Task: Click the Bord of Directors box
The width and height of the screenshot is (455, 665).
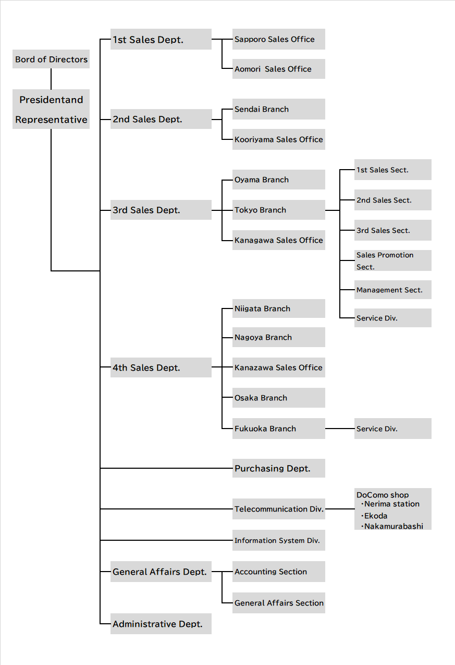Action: tap(51, 59)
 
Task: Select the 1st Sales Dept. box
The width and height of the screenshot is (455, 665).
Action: tap(161, 39)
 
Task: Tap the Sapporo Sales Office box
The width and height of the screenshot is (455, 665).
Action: tap(279, 39)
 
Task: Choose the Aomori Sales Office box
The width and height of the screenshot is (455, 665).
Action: tap(279, 69)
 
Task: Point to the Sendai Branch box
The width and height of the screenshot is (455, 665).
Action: tap(279, 109)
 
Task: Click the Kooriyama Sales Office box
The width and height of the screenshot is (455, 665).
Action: tap(279, 139)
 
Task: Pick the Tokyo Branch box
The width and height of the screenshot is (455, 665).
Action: tap(279, 210)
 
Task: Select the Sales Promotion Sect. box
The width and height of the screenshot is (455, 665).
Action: tap(393, 260)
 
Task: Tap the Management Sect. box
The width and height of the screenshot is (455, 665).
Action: tap(393, 290)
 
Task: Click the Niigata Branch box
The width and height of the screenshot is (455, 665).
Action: tap(279, 308)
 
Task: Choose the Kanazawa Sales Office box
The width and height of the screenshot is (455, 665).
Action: tap(279, 367)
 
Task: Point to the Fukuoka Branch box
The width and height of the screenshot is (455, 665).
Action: tap(279, 429)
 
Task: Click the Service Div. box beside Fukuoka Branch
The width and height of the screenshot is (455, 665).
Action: tap(393, 429)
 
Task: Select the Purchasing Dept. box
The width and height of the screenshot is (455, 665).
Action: tap(279, 468)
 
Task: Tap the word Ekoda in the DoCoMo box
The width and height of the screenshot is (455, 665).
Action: tap(376, 516)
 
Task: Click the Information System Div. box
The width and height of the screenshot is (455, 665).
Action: tap(279, 540)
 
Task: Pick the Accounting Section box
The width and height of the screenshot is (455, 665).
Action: tap(279, 572)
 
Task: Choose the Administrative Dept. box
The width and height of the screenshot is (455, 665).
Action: tap(161, 624)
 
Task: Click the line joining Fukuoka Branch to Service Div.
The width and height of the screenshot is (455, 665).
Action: tap(340, 429)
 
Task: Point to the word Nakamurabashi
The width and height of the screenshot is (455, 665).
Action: tap(393, 526)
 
